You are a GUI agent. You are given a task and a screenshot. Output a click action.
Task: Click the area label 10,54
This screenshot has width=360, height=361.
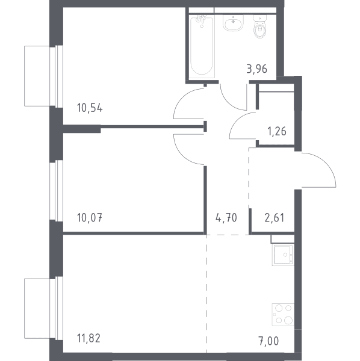90,108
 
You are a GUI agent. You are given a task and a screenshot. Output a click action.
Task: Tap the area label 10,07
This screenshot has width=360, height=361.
90,218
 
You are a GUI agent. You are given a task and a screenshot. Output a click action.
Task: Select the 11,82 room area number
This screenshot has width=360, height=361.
88,338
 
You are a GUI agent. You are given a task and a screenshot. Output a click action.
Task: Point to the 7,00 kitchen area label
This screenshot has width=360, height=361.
268,341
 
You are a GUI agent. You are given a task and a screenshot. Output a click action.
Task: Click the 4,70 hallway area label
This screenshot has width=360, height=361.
226,218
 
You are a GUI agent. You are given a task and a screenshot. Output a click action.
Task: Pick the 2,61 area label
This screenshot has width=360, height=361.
275,218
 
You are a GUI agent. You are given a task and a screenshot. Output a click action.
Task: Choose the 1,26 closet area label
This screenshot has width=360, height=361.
277,131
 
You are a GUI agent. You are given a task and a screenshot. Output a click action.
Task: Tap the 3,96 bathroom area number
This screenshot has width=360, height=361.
257,69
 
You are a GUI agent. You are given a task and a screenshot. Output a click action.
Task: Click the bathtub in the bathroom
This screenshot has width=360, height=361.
202,46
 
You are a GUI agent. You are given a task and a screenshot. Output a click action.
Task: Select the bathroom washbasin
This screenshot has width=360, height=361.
233,23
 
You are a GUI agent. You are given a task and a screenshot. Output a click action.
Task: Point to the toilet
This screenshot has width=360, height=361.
260,26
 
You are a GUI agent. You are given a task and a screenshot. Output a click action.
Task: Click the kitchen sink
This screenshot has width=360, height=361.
283,255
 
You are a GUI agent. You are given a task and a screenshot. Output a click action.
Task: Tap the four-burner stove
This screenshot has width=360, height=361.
283,315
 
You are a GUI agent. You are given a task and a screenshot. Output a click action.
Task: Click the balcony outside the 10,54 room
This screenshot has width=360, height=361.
37,76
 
